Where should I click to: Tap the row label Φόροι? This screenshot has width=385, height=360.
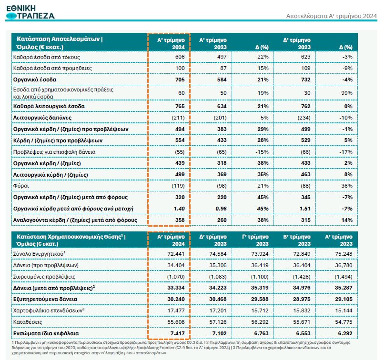click(x=23, y=185)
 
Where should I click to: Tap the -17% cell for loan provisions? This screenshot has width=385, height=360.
click(x=346, y=151)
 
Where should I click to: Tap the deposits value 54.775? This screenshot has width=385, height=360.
click(x=342, y=322)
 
